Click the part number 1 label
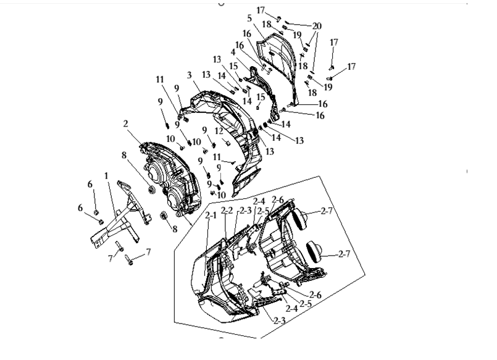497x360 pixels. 106,176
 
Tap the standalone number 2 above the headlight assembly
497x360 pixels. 125,123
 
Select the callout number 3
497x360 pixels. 190,75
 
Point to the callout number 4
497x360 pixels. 233,52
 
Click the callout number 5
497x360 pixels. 249,19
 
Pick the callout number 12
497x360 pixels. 219,130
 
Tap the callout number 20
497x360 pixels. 317,27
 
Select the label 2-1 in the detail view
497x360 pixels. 211,215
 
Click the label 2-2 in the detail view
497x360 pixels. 227,210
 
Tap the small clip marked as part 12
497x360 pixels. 227,142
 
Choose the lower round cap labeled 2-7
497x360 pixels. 314,252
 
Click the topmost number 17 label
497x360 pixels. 261,10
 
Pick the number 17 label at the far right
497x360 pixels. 351,67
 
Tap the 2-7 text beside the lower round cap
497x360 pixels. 345,254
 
